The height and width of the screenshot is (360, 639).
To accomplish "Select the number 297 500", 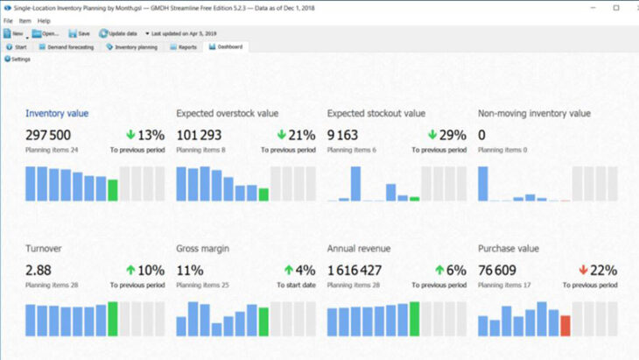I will click(x=48, y=135).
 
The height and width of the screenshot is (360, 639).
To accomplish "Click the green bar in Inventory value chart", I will click(x=112, y=190).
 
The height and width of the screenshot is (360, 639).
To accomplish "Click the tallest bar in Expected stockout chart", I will click(x=355, y=184).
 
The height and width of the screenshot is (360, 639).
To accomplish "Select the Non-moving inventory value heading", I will click(x=534, y=113).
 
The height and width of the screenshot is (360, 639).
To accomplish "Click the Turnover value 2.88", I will click(x=40, y=271).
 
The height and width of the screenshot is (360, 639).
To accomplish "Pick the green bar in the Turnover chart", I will click(x=112, y=319).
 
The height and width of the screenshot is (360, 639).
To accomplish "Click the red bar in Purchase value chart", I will click(x=565, y=326).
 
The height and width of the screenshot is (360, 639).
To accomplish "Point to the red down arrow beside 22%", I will click(x=582, y=271).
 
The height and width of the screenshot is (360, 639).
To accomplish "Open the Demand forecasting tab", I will click(x=68, y=46).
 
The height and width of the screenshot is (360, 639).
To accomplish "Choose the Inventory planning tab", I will click(x=133, y=46).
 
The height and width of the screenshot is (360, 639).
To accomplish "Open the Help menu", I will click(x=44, y=20).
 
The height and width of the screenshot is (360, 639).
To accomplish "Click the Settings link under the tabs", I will click(x=18, y=59).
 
